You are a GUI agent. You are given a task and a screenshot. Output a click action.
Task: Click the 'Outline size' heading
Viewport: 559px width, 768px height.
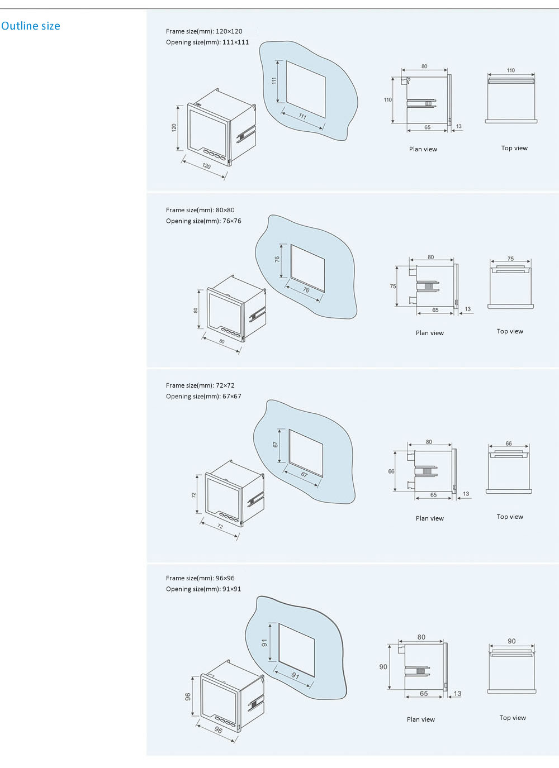(31, 26)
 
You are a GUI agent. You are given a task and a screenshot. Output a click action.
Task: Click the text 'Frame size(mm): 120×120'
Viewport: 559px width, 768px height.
(204, 31)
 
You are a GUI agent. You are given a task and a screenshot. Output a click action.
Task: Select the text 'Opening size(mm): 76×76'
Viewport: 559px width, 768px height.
(203, 221)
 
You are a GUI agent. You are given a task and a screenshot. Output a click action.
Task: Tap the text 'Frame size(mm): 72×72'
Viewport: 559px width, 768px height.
(200, 385)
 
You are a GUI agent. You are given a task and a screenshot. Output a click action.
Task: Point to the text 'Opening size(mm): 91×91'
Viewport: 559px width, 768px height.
(203, 589)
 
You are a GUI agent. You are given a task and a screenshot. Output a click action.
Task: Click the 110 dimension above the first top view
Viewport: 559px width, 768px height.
(510, 70)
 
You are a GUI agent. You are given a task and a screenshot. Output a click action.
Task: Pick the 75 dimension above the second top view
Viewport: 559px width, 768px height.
(510, 259)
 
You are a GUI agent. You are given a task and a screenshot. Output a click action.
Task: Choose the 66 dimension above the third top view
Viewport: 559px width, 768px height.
(509, 443)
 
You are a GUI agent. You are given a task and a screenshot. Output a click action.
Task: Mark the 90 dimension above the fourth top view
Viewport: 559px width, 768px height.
(511, 641)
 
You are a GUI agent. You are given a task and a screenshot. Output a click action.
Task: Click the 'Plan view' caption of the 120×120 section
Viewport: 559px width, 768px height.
(423, 149)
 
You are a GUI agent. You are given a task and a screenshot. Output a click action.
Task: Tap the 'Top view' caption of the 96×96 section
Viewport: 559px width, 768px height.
(513, 718)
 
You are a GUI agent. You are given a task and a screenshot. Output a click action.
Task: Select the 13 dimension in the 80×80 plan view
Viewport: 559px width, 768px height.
(468, 309)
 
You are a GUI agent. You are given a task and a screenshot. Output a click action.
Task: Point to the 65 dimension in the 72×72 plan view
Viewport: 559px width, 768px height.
(433, 495)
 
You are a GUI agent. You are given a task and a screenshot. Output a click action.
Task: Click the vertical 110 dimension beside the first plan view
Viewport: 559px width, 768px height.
(388, 100)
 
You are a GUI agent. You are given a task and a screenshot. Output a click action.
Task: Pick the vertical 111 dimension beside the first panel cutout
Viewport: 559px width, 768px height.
(274, 80)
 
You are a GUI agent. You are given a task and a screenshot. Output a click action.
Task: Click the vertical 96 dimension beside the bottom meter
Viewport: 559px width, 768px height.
(188, 697)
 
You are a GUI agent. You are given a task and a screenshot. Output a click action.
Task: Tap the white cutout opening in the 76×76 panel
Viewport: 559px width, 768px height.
(307, 268)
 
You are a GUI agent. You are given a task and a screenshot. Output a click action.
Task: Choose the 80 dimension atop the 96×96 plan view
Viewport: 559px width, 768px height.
(421, 637)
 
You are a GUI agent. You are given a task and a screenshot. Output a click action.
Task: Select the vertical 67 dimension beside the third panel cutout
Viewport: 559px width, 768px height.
(276, 445)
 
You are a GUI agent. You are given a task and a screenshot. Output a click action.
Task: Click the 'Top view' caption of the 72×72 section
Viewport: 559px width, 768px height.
(510, 517)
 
